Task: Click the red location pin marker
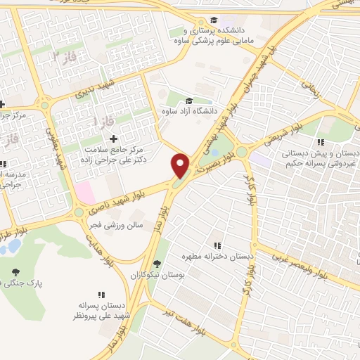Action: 181,165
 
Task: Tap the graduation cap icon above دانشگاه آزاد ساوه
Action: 189,101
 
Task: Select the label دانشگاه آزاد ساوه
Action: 189,111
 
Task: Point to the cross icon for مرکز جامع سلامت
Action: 113,139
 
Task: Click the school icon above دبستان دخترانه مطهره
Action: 218,245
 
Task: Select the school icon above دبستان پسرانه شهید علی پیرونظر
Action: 101,295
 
